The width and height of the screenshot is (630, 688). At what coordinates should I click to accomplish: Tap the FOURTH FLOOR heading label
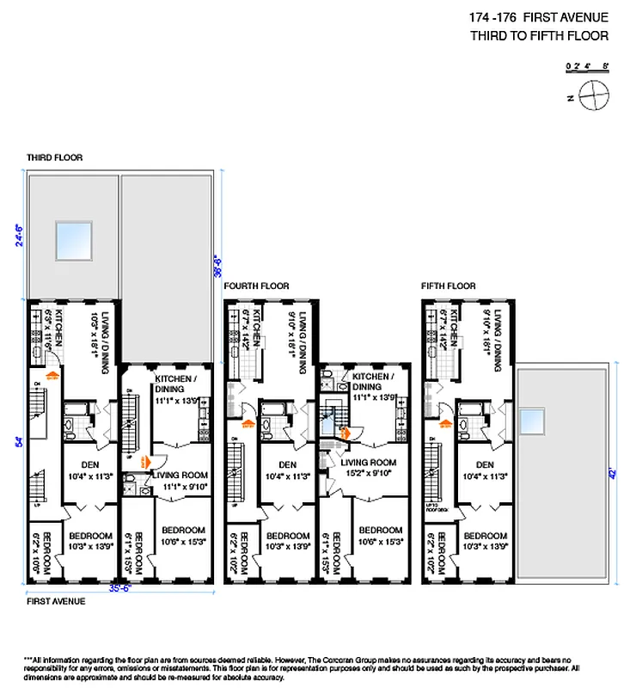pos(256,286)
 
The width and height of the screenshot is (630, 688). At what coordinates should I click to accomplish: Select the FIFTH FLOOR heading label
pos(449,286)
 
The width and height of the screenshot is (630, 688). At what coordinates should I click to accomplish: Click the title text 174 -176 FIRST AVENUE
pos(539,17)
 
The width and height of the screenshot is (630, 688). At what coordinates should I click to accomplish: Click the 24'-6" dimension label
pos(19,232)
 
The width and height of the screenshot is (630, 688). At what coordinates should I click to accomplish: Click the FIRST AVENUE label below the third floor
pos(56,601)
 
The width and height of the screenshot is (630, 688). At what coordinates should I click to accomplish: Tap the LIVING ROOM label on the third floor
pos(182,473)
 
